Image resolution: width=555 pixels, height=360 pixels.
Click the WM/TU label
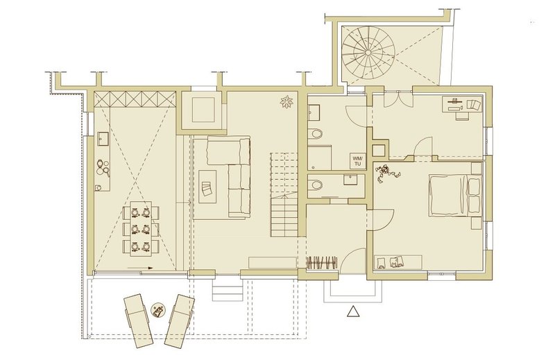(x=357, y=160)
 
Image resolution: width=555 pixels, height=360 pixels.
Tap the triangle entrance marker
(x=353, y=311)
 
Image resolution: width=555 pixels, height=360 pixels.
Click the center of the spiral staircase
(x=368, y=53)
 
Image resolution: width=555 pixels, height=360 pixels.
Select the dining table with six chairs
(x=141, y=228)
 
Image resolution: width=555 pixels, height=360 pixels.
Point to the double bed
(x=456, y=195)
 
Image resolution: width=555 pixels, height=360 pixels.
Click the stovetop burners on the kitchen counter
(x=103, y=168)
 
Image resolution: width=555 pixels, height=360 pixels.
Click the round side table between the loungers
(x=157, y=310)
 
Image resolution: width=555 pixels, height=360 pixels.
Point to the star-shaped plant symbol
(x=286, y=101)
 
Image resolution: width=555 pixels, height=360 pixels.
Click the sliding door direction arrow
(x=140, y=268)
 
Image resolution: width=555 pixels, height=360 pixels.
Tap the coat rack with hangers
(x=321, y=262)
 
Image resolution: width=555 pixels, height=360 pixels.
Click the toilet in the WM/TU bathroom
(x=316, y=134)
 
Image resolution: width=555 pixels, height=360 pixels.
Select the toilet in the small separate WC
(x=315, y=185)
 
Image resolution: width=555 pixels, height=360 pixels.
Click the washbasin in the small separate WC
(x=350, y=180)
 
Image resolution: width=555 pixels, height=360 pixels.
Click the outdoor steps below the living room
(x=228, y=289)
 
